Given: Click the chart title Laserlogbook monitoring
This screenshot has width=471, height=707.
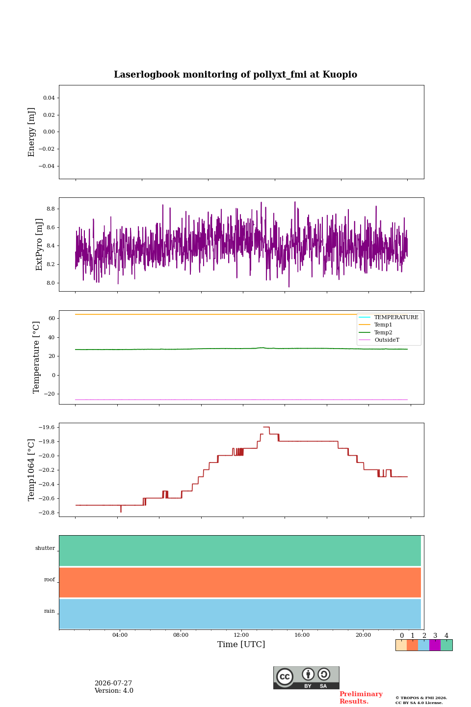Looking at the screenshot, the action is (x=235, y=75).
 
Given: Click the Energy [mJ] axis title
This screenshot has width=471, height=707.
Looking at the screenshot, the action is (x=31, y=132).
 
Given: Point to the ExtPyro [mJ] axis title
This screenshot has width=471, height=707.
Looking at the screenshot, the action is (x=39, y=245).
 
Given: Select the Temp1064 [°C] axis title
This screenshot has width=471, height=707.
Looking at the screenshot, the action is (x=31, y=470).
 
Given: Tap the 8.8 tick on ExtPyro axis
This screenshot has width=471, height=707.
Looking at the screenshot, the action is (x=51, y=209).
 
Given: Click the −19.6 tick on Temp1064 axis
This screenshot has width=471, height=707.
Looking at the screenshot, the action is (x=47, y=427).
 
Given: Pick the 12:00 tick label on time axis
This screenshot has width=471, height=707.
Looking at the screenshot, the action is (x=241, y=635).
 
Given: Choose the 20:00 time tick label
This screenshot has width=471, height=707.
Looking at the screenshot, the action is (x=363, y=635).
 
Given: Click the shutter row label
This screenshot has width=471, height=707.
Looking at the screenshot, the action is (x=45, y=548).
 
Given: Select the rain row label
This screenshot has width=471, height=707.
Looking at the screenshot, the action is (x=49, y=611).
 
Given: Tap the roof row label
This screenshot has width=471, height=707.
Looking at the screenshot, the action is (x=50, y=579).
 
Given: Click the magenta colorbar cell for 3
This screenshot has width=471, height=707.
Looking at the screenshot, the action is (x=435, y=645).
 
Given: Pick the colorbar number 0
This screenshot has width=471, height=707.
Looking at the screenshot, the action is (x=402, y=635).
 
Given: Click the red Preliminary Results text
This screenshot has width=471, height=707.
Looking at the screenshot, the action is (x=361, y=697).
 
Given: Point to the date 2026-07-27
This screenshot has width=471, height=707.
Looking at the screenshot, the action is (x=113, y=683).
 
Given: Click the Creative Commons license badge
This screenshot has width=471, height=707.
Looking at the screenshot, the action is (x=306, y=678).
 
